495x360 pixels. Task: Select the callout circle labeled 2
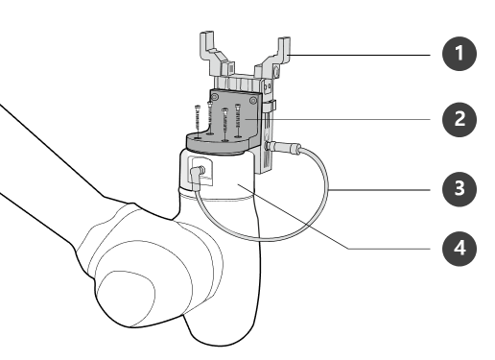click(x=460, y=119)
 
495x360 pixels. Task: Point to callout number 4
click(x=460, y=248)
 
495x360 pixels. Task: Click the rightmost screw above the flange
click(x=236, y=121)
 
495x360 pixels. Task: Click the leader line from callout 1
click(x=365, y=55)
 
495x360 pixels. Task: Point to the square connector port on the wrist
click(x=204, y=174)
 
